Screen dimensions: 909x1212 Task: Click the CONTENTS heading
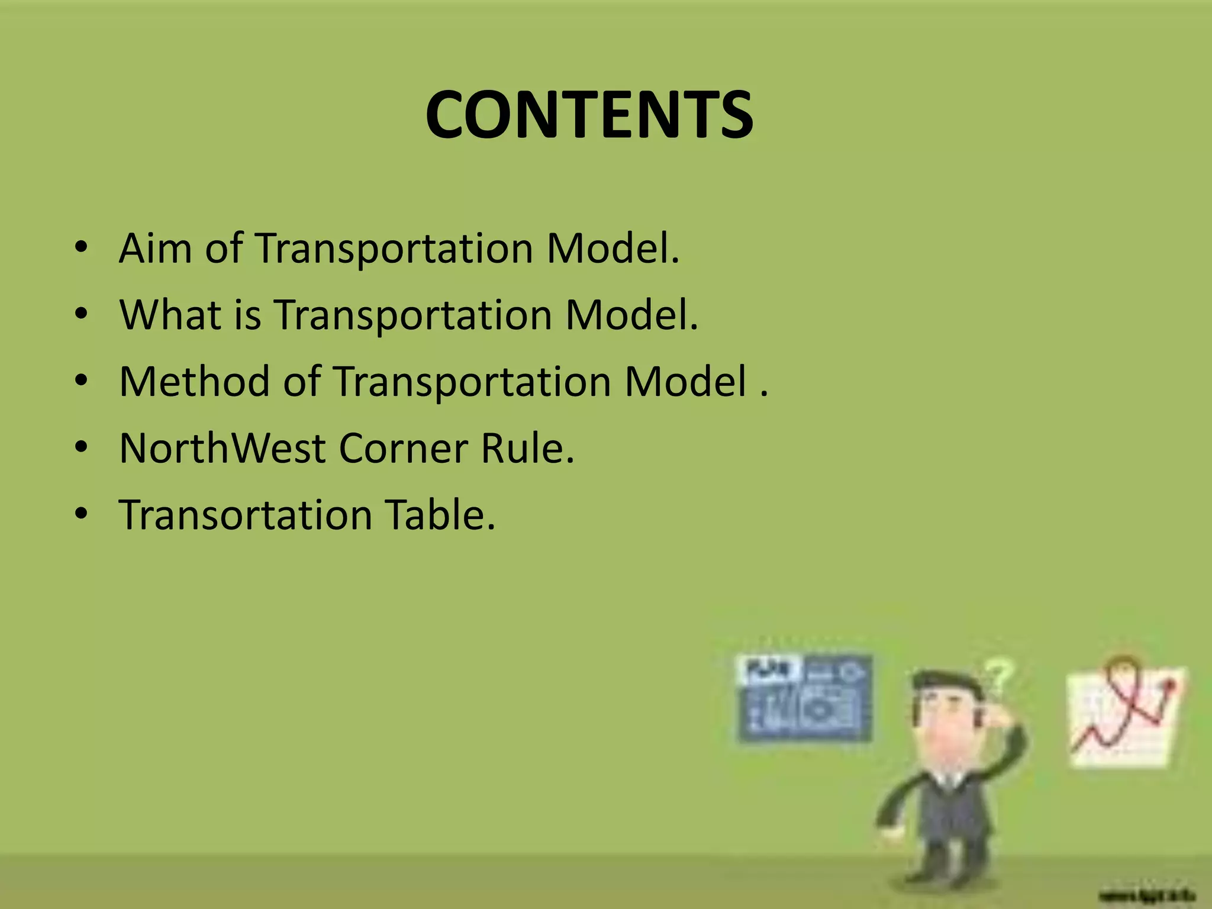point(589,115)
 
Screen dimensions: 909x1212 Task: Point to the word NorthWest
point(223,448)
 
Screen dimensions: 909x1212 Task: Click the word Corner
point(403,448)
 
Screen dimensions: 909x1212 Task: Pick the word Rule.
point(527,448)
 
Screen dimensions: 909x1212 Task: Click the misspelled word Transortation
point(246,514)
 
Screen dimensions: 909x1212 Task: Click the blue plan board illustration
point(804,698)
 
